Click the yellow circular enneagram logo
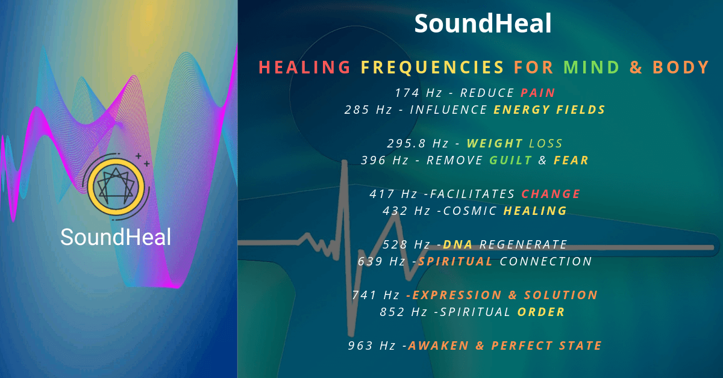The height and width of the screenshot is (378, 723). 116,187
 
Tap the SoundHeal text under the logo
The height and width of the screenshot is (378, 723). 116,237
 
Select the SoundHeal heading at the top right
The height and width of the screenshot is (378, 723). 483,23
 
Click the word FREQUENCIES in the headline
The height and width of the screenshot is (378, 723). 432,67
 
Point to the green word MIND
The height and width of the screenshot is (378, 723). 591,67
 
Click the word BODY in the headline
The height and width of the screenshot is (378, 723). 681,67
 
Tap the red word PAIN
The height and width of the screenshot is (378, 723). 537,93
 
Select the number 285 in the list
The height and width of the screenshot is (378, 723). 357,110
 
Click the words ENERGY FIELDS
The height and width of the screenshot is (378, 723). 549,110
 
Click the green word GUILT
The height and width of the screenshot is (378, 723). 511,160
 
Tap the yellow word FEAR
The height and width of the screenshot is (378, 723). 571,160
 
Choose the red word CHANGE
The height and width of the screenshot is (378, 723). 551,194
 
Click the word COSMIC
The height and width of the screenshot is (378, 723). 470,211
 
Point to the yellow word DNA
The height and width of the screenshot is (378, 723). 458,244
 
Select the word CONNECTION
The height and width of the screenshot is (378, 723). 546,261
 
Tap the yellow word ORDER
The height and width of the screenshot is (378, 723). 541,312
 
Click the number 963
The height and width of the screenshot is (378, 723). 360,345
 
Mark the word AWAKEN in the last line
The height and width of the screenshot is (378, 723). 439,345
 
